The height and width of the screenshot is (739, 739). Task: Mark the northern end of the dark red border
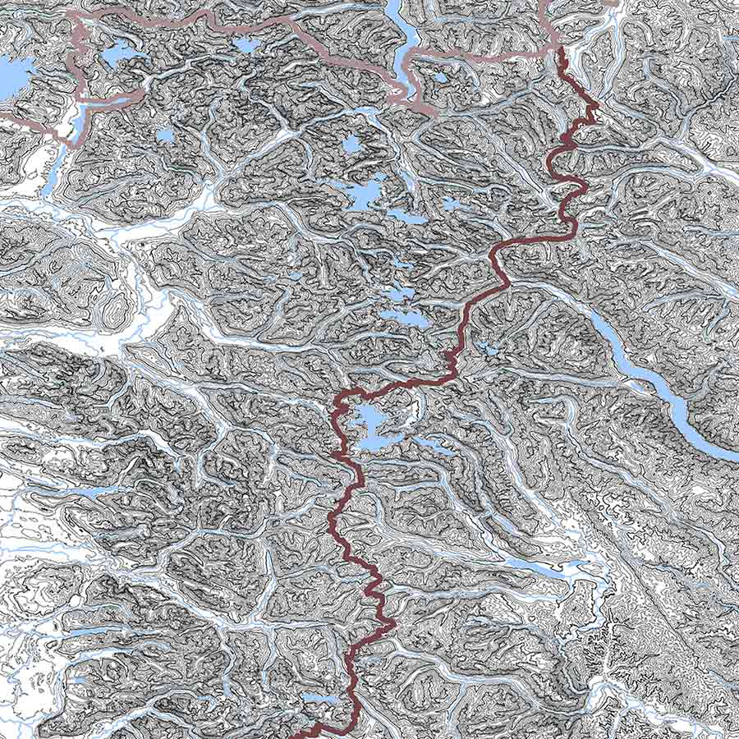point(561,51)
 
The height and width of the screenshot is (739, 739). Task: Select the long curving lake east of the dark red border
point(657,386)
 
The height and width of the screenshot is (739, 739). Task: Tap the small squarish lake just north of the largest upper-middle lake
point(351,145)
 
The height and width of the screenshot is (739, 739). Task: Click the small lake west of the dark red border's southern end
point(316,699)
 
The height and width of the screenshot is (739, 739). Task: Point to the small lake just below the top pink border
point(246,44)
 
